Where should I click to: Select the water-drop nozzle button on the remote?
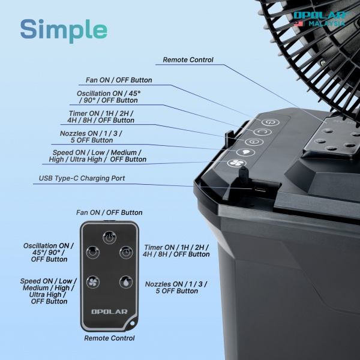pyautogui.click(x=125, y=280)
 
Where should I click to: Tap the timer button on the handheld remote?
pyautogui.click(x=125, y=251)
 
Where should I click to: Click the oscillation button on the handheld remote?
pyautogui.click(x=92, y=251)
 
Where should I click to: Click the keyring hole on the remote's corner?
pyautogui.click(x=131, y=326)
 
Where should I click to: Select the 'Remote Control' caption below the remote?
pyautogui.click(x=109, y=338)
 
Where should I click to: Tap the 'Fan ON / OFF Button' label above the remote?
pyautogui.click(x=109, y=212)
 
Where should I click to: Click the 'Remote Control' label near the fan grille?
pyautogui.click(x=188, y=60)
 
